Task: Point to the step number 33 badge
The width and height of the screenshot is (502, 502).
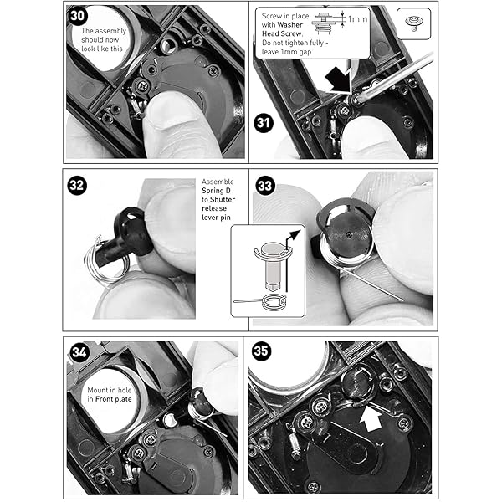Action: point(265,186)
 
